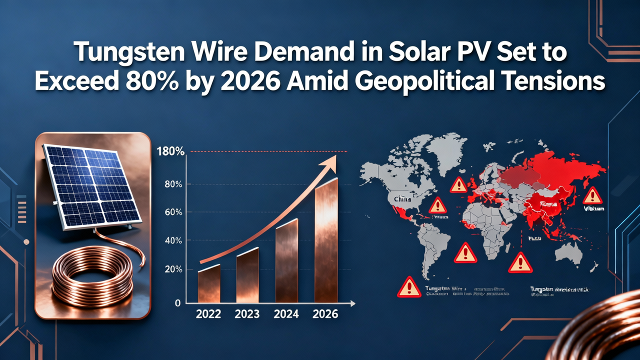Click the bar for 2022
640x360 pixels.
point(209,284)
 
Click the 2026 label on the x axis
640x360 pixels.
point(325,314)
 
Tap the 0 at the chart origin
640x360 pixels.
point(177,303)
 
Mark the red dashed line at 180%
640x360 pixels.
point(270,151)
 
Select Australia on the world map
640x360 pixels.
point(569,253)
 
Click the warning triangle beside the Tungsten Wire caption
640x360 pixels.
point(409,287)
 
